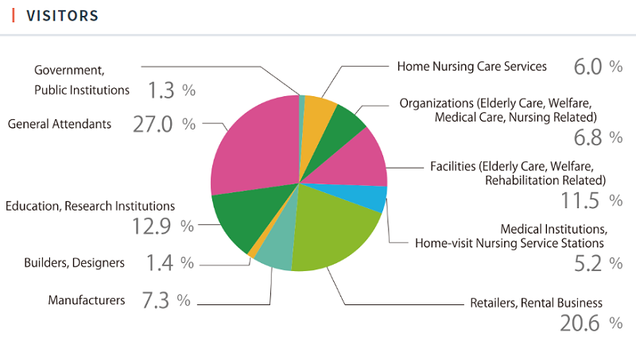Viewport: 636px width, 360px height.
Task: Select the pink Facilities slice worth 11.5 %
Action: [x=358, y=157]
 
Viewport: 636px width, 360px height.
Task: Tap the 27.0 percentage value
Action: [x=154, y=125]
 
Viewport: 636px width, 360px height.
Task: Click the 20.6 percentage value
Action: [x=584, y=323]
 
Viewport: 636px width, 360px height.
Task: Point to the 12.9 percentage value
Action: [x=153, y=226]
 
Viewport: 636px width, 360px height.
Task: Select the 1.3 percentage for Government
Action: [x=161, y=91]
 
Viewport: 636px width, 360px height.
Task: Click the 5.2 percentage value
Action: [x=588, y=264]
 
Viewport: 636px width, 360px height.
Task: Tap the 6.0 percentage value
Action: [x=588, y=67]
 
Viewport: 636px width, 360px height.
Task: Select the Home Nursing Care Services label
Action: [x=471, y=66]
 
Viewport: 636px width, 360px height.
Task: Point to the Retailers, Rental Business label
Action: [x=536, y=303]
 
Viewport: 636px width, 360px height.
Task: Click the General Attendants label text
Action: [x=60, y=124]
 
